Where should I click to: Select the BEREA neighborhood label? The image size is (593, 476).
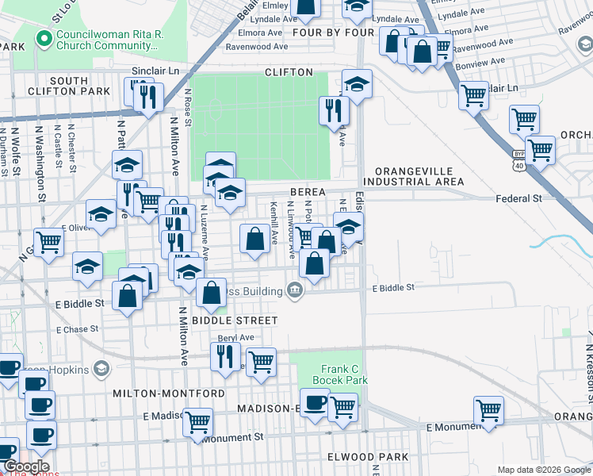coord(308,193)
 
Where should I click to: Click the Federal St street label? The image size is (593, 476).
coord(518,198)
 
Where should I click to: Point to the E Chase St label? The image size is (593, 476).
coord(77,329)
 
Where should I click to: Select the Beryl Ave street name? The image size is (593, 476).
coord(235,337)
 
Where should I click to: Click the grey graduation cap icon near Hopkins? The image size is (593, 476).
coord(101,368)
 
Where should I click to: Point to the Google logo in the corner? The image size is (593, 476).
coord(25,466)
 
